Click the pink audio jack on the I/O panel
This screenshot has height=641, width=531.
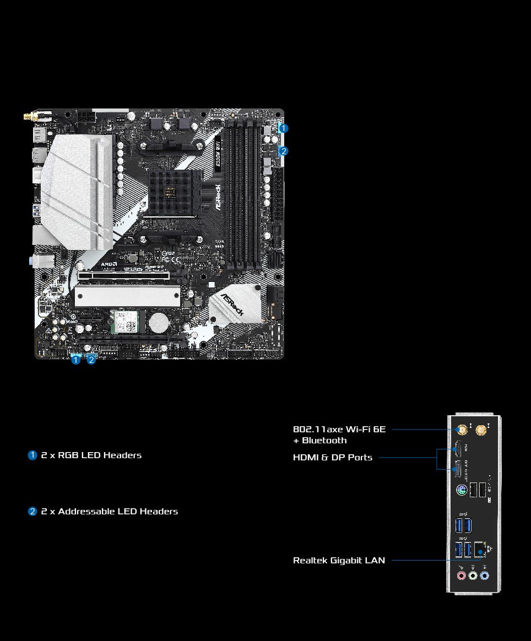tap(462, 575)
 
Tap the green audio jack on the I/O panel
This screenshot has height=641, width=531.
tap(473, 575)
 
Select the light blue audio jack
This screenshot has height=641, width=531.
tap(484, 575)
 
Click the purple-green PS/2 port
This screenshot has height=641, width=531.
tap(462, 490)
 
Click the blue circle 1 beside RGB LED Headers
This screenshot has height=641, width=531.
tap(32, 455)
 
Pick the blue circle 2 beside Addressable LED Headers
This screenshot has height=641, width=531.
tap(32, 512)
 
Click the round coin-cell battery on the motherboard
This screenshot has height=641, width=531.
tap(160, 323)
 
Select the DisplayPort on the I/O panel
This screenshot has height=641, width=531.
tap(458, 470)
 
